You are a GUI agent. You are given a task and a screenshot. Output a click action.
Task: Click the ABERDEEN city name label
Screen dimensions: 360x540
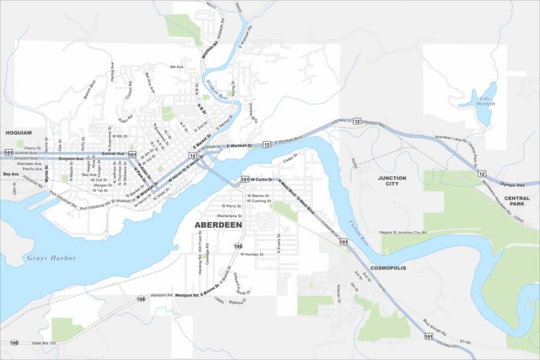218,224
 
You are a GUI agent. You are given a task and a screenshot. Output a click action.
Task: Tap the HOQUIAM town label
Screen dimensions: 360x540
19,132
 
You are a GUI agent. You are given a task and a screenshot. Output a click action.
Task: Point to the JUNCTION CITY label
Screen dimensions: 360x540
392,181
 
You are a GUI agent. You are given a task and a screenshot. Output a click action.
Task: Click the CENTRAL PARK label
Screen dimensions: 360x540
517,202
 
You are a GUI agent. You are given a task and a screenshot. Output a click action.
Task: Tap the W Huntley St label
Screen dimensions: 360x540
251,254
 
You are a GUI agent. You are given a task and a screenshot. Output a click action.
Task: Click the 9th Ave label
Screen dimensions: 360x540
176,67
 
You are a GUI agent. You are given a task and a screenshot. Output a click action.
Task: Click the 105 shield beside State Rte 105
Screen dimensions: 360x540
14,342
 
